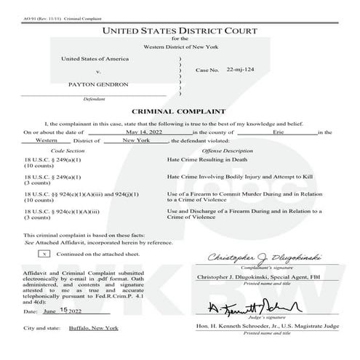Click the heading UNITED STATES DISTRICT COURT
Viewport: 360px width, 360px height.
179,31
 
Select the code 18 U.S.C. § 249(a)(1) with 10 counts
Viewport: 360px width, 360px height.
52,162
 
